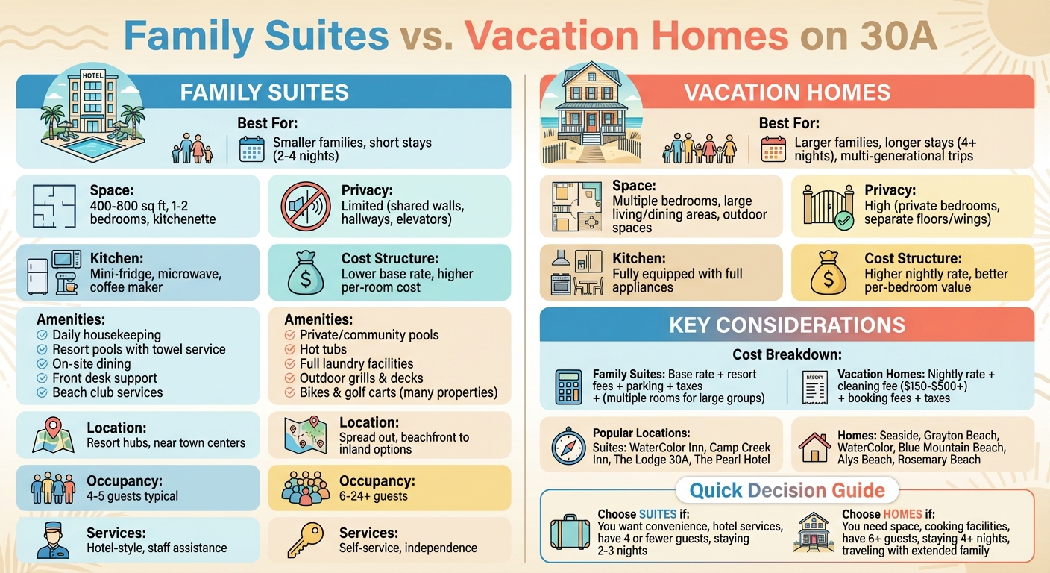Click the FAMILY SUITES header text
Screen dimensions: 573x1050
[265, 93]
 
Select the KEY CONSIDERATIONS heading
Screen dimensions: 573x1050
[787, 325]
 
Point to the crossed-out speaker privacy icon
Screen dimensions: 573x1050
[306, 205]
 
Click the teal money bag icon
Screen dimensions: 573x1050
[306, 275]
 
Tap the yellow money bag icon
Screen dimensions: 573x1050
[829, 275]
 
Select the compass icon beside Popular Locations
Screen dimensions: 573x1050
[568, 446]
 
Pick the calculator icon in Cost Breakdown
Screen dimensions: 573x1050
[568, 386]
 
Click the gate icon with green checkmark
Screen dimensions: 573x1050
[828, 205]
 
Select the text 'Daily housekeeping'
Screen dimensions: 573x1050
[107, 335]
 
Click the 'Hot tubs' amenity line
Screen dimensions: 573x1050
[323, 349]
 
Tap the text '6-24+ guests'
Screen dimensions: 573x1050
[374, 496]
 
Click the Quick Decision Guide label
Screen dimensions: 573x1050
[787, 490]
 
